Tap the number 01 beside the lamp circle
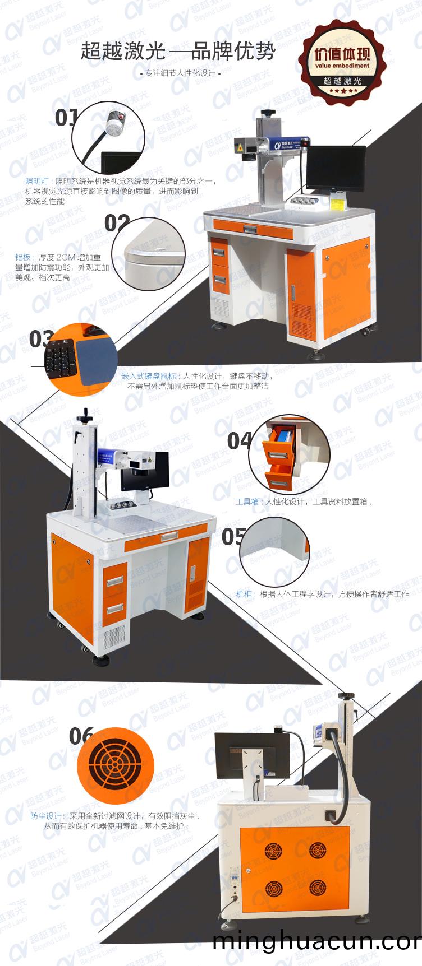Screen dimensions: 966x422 click(66, 118)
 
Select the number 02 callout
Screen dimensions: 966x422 click(117, 223)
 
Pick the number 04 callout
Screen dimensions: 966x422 click(238, 441)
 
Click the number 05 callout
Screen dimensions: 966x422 click(233, 536)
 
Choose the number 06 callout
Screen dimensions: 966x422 click(80, 736)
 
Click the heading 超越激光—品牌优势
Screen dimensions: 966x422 click(178, 52)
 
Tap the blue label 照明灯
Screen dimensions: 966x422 click(37, 182)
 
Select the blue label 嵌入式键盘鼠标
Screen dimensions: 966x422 click(149, 376)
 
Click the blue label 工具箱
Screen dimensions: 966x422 click(247, 501)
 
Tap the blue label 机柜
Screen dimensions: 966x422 click(244, 594)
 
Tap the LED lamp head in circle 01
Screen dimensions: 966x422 click(118, 119)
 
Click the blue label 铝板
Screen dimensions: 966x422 click(23, 257)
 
